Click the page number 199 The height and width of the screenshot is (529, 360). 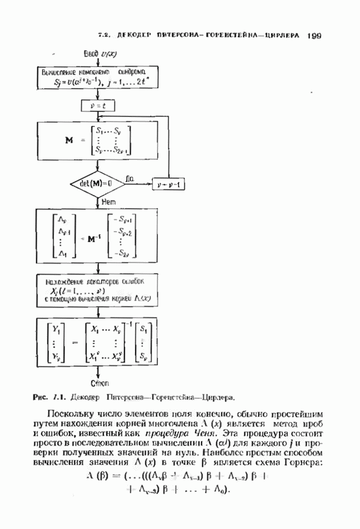[x=312, y=35]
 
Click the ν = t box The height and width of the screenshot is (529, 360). [x=97, y=106]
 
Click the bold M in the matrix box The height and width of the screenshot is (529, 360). [x=69, y=140]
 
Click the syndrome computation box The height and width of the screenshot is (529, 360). [x=98, y=78]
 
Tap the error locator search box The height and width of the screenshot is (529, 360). [x=99, y=289]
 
